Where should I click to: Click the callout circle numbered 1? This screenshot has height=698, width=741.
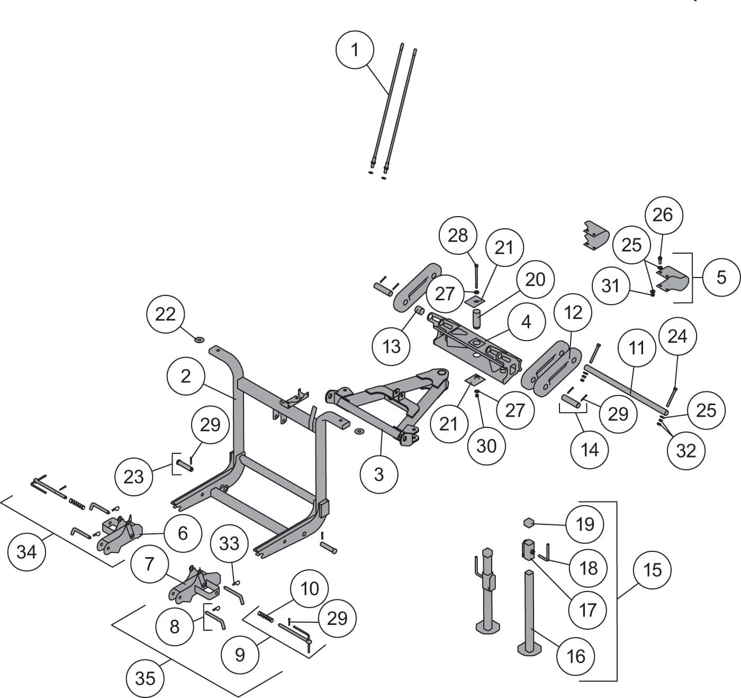click(355, 50)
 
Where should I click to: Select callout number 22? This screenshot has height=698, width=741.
click(165, 314)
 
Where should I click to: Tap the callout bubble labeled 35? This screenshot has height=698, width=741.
click(145, 678)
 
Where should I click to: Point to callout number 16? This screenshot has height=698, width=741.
click(576, 656)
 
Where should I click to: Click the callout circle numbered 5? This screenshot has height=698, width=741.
click(721, 277)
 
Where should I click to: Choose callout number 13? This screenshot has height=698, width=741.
click(392, 346)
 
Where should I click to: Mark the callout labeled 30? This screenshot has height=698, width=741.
click(486, 446)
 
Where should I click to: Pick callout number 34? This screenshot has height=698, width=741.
click(26, 552)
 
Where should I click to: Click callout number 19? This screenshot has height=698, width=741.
click(584, 524)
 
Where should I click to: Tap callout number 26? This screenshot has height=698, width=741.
click(662, 214)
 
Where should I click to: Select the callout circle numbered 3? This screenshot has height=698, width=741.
click(378, 474)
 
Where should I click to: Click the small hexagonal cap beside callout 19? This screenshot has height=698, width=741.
click(529, 523)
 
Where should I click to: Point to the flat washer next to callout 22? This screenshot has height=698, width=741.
click(200, 338)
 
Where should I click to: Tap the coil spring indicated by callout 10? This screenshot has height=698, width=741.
click(265, 616)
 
